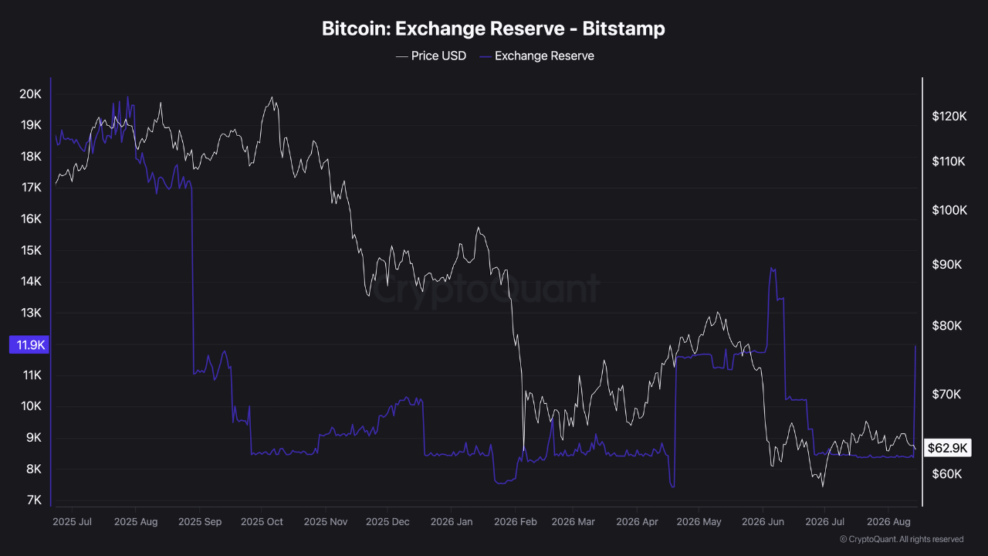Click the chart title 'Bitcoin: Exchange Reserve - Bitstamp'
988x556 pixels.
[x=493, y=29]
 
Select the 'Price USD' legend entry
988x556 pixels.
[x=431, y=56]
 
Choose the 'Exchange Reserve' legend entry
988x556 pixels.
[x=536, y=56]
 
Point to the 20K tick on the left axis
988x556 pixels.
[x=30, y=94]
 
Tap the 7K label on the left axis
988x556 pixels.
[x=34, y=500]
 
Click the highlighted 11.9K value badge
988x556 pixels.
[x=29, y=344]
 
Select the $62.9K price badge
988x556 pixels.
[x=947, y=448]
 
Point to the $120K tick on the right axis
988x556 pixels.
[x=949, y=116]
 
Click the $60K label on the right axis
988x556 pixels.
[x=946, y=474]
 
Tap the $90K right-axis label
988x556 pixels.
[x=946, y=264]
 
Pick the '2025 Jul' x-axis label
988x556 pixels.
[x=72, y=521]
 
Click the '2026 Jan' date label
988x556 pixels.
[x=452, y=521]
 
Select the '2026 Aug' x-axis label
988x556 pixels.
[x=888, y=521]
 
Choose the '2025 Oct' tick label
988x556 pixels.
[x=262, y=521]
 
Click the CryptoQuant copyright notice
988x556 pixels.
[x=902, y=539]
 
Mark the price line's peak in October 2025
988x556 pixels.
[x=272, y=97]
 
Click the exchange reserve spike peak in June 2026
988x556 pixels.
[x=771, y=267]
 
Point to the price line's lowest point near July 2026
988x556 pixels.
[x=823, y=486]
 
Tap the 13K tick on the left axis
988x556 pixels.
[x=31, y=313]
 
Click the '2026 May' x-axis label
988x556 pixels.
[x=699, y=521]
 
